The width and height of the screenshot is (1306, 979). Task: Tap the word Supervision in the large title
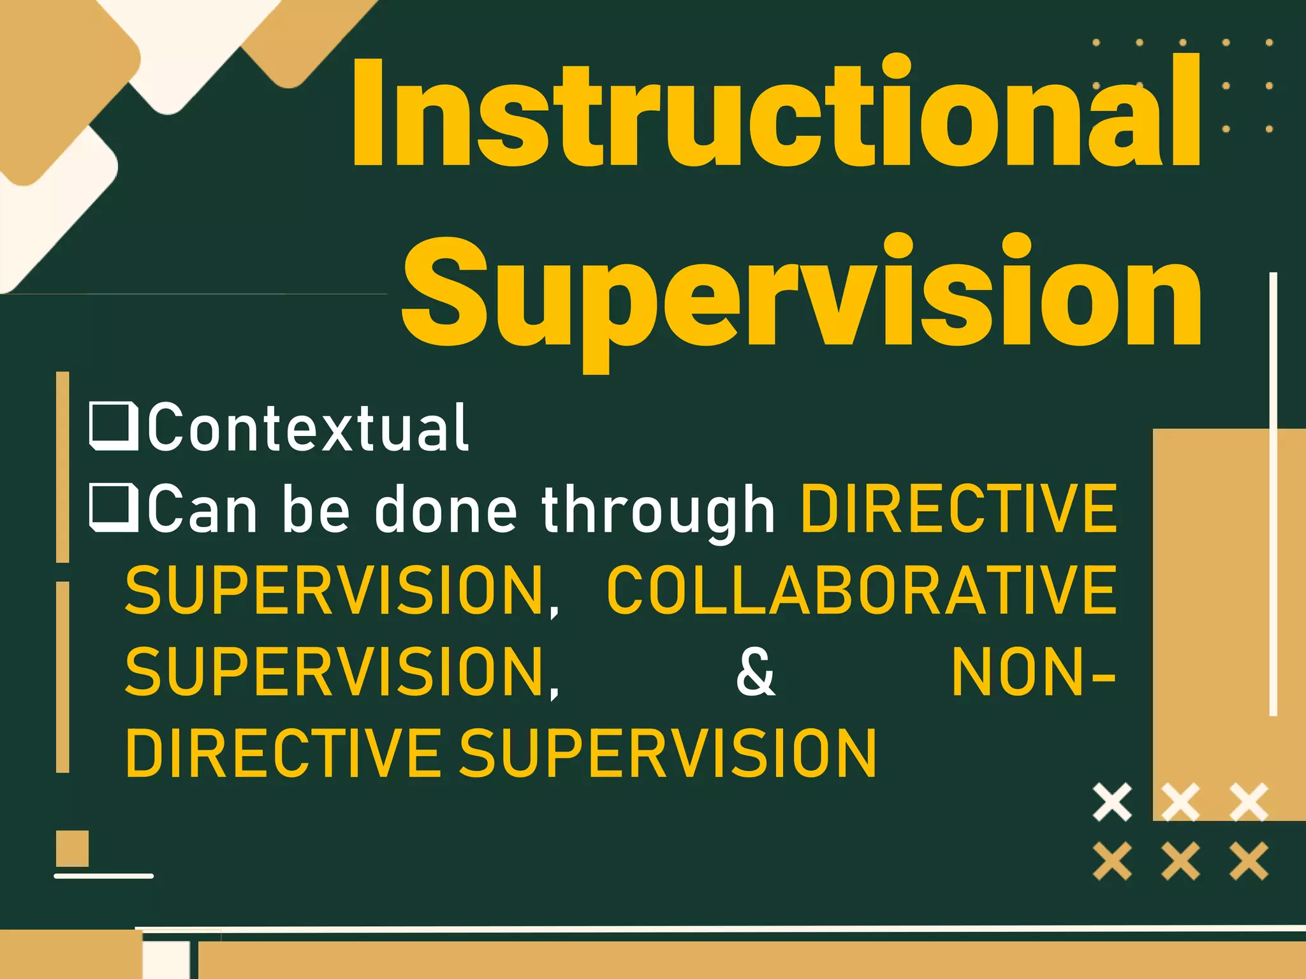click(x=802, y=293)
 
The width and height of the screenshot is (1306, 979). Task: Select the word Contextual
click(x=309, y=428)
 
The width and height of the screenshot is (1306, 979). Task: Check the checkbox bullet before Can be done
click(x=114, y=507)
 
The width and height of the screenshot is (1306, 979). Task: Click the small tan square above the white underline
click(x=72, y=848)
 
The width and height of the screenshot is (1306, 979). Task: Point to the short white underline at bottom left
click(x=103, y=876)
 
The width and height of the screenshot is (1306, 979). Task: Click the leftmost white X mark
click(x=1112, y=802)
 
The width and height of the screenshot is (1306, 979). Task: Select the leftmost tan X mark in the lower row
click(x=1112, y=860)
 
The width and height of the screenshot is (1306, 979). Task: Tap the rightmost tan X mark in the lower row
click(x=1249, y=860)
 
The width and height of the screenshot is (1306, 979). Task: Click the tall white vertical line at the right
click(x=1273, y=494)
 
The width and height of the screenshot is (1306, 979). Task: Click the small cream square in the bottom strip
click(x=166, y=960)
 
